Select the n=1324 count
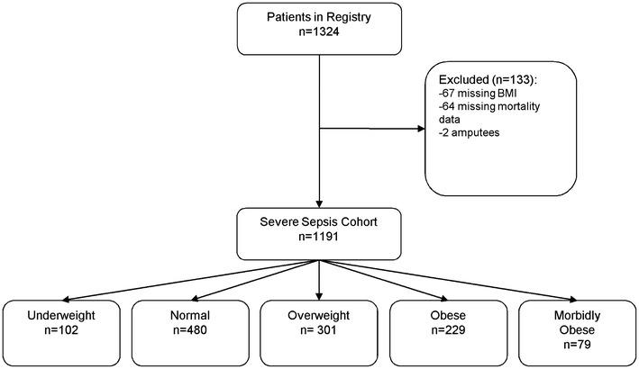coord(318,39)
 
